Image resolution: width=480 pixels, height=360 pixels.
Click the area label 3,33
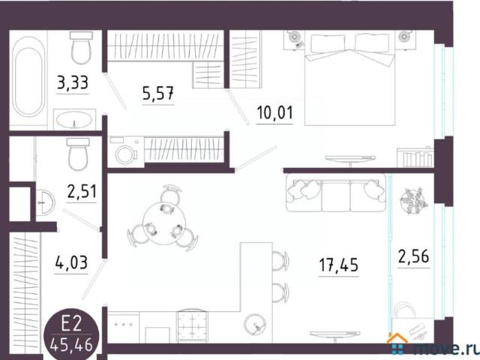73,82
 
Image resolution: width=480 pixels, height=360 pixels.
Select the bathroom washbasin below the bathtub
73,120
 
